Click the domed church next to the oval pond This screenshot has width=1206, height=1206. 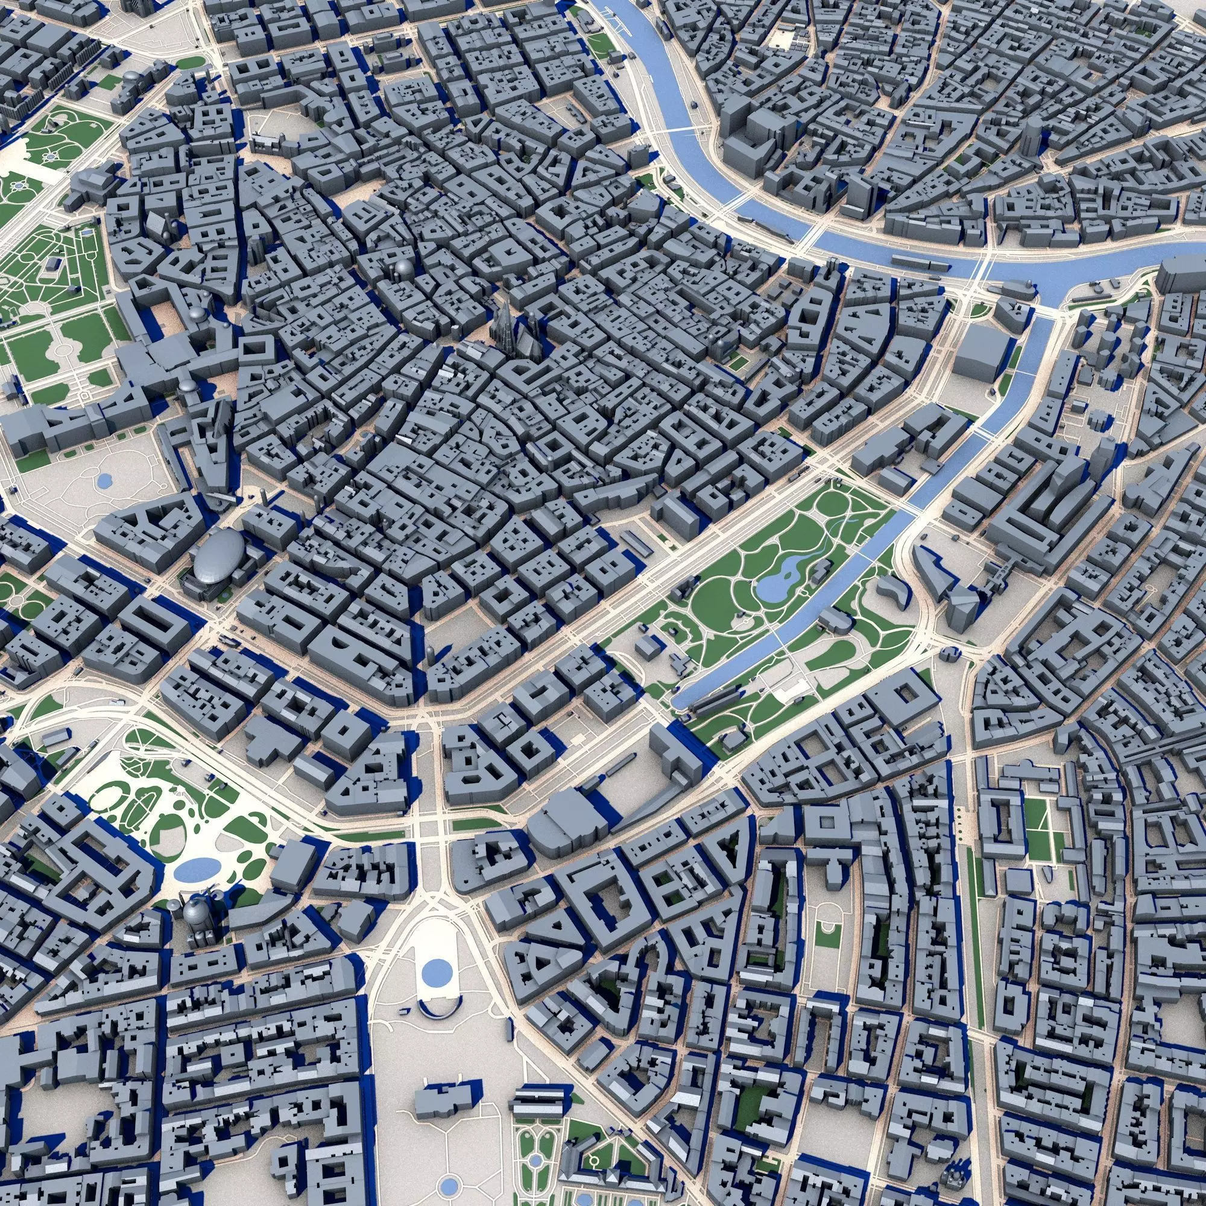coord(198,912)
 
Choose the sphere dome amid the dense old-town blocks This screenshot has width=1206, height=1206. coord(403,270)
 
